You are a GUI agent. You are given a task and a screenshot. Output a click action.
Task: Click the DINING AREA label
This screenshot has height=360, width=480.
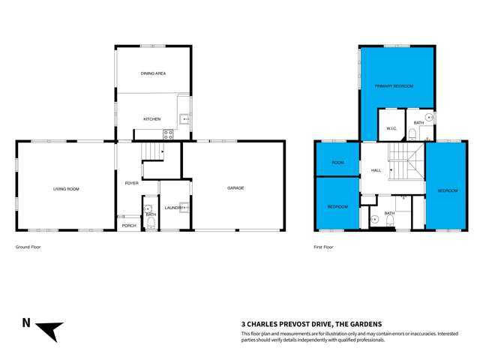(153, 73)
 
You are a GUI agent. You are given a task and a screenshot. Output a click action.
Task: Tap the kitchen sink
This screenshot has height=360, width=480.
(184, 118)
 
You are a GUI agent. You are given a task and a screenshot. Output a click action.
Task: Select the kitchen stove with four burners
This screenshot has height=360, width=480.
(169, 136)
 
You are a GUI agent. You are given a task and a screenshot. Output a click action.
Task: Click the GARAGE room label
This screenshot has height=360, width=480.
(235, 188)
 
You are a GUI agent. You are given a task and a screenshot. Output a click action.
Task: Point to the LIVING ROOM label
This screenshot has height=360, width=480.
(66, 189)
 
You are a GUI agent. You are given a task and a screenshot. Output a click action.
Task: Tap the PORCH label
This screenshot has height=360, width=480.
(129, 224)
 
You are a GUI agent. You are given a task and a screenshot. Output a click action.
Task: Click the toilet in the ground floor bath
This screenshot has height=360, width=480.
(148, 210)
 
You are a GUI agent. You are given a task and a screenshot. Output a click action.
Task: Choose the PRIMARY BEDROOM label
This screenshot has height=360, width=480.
(394, 86)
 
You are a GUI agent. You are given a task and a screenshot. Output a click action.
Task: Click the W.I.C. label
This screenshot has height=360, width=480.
(391, 128)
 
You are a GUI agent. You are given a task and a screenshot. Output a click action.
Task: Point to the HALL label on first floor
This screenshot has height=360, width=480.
(376, 170)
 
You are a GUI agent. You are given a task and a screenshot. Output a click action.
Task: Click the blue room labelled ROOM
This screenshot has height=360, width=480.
(337, 162)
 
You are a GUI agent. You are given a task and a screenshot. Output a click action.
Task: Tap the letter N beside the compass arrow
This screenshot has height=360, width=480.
(26, 324)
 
